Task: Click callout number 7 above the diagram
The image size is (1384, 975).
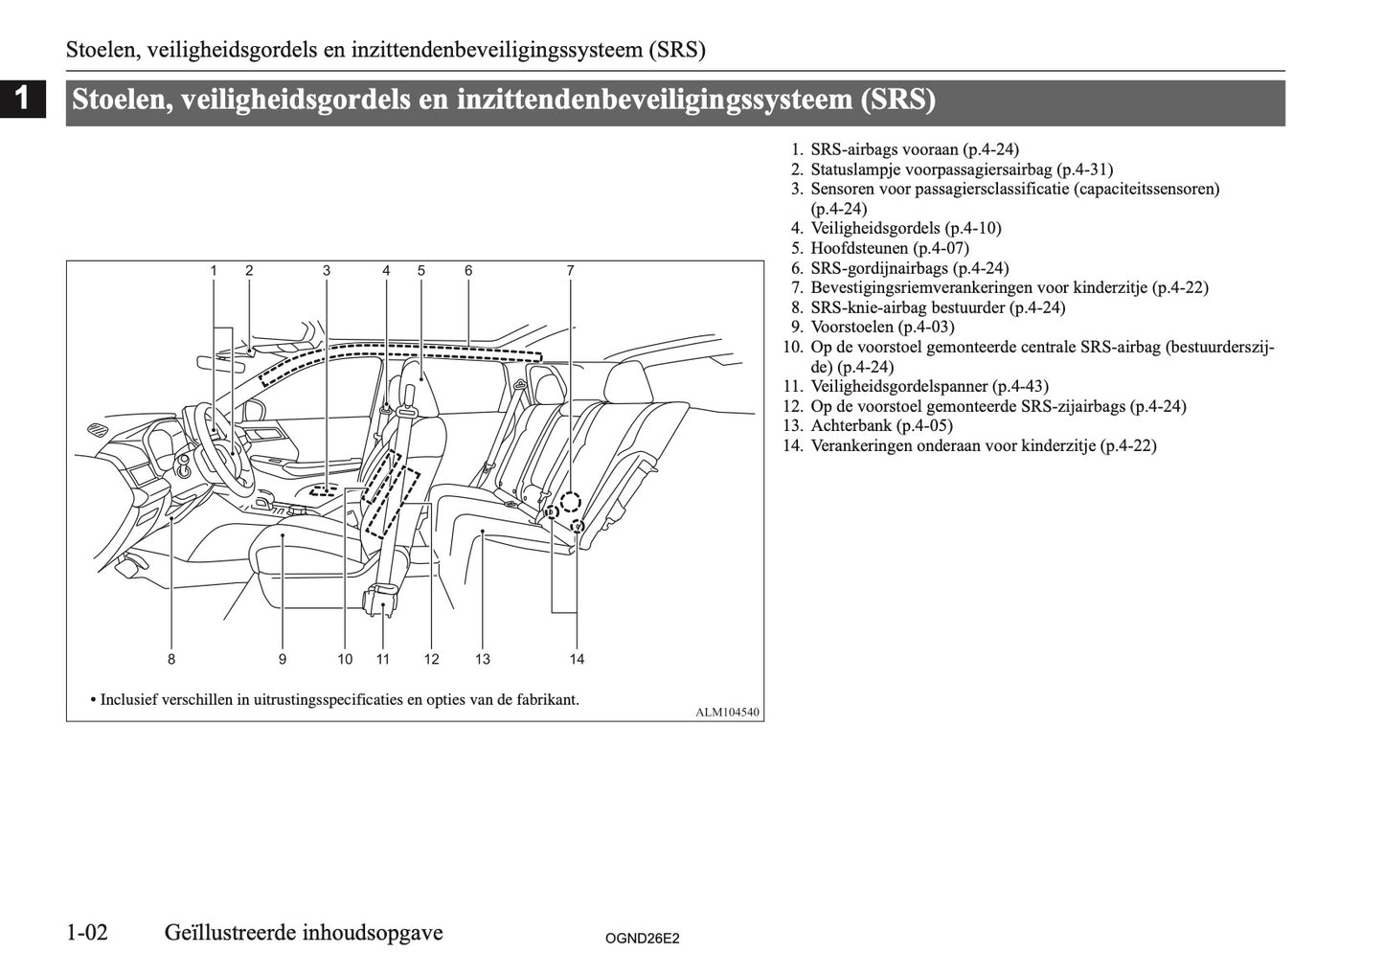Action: (570, 271)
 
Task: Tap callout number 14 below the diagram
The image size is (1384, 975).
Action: (577, 659)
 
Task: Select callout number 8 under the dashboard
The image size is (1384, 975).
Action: (171, 659)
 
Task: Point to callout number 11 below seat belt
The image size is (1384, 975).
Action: (383, 659)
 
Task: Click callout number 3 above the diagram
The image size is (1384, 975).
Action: (327, 271)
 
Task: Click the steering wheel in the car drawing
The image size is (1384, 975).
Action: (213, 436)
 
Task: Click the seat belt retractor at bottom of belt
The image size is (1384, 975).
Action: (382, 602)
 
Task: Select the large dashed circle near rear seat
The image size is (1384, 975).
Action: (571, 501)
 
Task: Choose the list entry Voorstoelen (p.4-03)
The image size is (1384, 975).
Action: (882, 327)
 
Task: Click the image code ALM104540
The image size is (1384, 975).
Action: (727, 712)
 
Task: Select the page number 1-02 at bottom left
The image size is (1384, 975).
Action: (87, 932)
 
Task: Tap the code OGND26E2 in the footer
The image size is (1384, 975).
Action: (642, 940)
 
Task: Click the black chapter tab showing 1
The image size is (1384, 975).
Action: (23, 99)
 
